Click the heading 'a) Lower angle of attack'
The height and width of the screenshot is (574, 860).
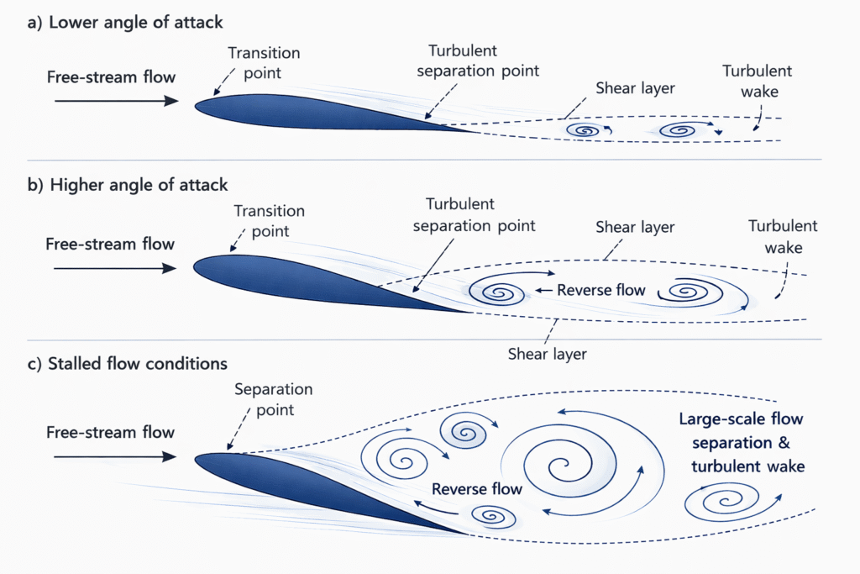pyautogui.click(x=125, y=22)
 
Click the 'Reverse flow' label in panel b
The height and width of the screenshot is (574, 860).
pyautogui.click(x=601, y=290)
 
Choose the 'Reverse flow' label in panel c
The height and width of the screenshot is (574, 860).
pyautogui.click(x=477, y=488)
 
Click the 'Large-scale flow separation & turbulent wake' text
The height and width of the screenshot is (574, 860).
pyautogui.click(x=741, y=442)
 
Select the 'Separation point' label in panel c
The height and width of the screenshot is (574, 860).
pyautogui.click(x=273, y=400)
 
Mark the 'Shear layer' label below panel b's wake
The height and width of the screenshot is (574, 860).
pyautogui.click(x=548, y=354)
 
